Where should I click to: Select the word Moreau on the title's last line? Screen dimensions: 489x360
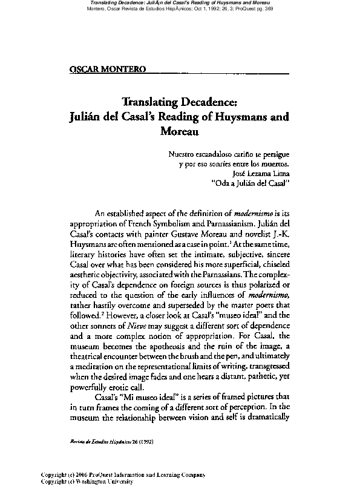180,130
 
